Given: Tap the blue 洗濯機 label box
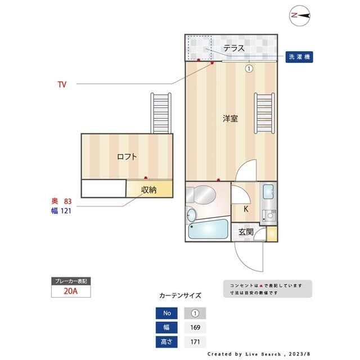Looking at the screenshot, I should pos(299,57).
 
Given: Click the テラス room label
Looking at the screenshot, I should pos(233,48).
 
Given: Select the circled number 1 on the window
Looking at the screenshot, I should pos(248,69).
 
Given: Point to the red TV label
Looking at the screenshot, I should pos(62,84).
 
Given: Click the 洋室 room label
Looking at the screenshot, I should pos(229,119).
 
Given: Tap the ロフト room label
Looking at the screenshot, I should pos(127,157).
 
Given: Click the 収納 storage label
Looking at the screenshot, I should pos(148,190).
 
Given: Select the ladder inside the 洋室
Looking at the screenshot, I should pos(263,112).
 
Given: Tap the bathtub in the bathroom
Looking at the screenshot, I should pos(208,229).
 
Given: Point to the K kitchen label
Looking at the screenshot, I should pos(246,209).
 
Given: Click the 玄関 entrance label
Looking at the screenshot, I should pos(246,232).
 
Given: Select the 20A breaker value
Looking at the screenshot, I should pos(70,292).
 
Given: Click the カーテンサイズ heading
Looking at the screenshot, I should pos(180,295).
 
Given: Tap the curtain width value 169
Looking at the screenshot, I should pos(195,327).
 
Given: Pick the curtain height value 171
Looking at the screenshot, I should pos(195,341).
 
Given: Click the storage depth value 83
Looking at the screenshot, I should pos(68,201).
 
